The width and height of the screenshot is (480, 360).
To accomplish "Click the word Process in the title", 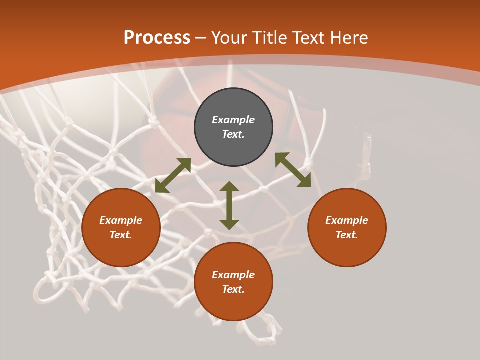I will [157, 38].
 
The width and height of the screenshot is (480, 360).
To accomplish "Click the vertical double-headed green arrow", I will [229, 205].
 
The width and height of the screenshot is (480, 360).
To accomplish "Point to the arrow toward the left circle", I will [173, 175].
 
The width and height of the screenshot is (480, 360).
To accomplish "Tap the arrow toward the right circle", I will [293, 170].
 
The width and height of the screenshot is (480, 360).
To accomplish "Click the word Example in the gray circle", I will [233, 120].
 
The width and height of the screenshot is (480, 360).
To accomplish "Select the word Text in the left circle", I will [121, 235].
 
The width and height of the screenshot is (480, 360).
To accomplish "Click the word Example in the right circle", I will [347, 220].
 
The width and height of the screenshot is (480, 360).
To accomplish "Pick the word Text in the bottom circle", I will [233, 289].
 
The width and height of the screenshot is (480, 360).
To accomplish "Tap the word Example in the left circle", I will [121, 220].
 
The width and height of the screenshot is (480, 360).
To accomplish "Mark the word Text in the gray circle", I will [233, 134].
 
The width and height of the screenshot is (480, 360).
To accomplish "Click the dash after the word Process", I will [201, 38].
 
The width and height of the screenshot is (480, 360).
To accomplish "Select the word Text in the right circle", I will [347, 235].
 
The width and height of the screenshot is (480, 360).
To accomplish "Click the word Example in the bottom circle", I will [233, 275].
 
